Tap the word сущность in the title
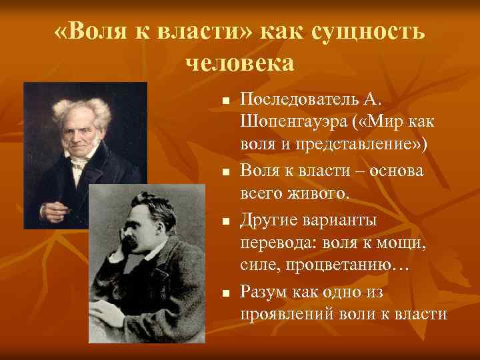click(x=369, y=32)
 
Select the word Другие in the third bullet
click(x=269, y=219)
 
